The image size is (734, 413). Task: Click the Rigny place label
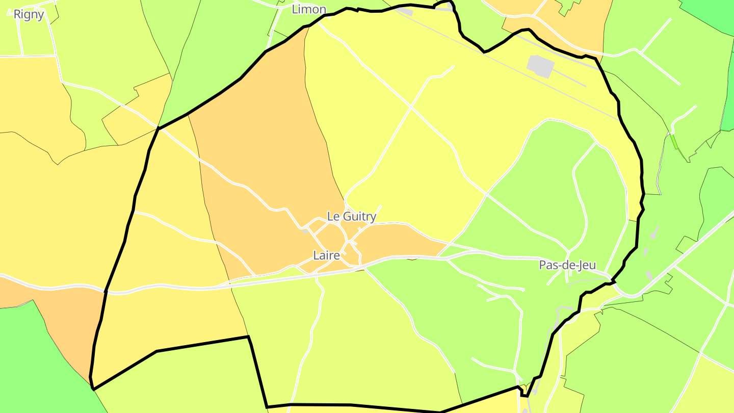(29, 14)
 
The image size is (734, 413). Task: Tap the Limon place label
(309, 9)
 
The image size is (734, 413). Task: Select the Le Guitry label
(352, 216)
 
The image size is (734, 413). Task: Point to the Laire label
(326, 255)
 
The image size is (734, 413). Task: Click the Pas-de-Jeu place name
(567, 265)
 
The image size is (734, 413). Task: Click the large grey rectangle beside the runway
(540, 66)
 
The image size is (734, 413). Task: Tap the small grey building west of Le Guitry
(305, 231)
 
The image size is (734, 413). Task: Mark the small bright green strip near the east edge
(674, 141)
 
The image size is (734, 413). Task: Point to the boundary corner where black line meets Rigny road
(159, 128)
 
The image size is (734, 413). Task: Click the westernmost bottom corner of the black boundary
(93, 389)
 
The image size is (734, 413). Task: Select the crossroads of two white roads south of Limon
(411, 107)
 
